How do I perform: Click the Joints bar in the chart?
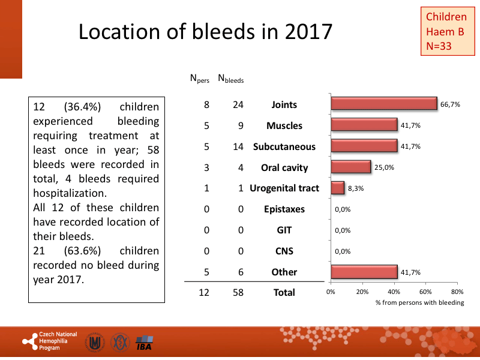click(x=384, y=104)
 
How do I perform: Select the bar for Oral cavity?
click(x=351, y=167)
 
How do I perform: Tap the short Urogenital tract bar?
click(x=338, y=188)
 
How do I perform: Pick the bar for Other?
click(x=364, y=272)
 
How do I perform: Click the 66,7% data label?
click(x=450, y=104)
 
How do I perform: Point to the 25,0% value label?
click(x=385, y=167)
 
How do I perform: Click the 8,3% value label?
click(x=355, y=188)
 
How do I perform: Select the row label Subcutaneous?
click(x=284, y=146)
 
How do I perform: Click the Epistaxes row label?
click(x=284, y=209)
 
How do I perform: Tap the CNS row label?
click(x=284, y=251)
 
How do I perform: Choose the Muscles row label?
click(x=284, y=125)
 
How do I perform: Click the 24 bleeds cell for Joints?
click(x=238, y=104)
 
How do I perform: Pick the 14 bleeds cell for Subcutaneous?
click(x=238, y=146)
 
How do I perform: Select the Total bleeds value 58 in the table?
click(x=238, y=292)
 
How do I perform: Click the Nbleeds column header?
click(x=230, y=78)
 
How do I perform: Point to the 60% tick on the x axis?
click(x=425, y=292)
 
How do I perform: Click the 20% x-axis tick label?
click(x=362, y=292)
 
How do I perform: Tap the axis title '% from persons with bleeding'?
click(x=419, y=302)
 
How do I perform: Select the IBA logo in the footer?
click(x=145, y=343)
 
